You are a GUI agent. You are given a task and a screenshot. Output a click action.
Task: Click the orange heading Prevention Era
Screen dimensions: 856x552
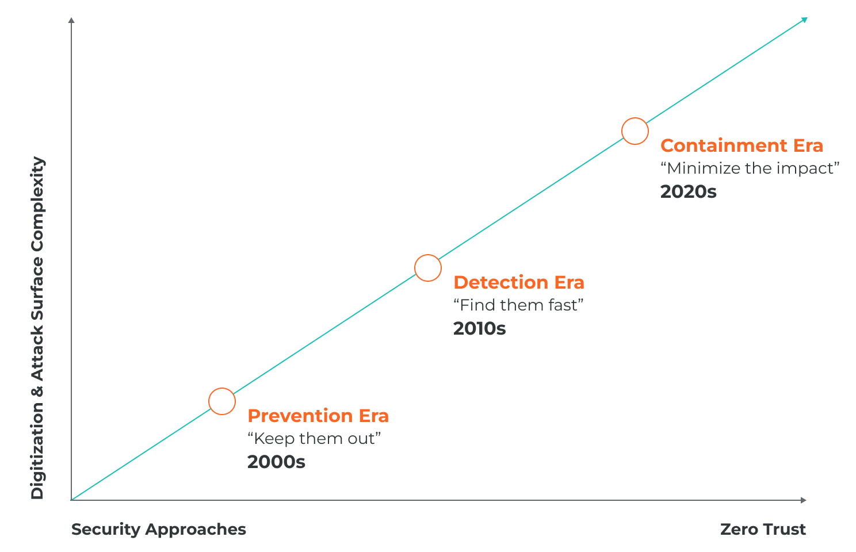[x=318, y=416]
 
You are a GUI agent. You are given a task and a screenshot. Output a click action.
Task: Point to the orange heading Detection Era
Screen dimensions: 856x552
[x=519, y=282]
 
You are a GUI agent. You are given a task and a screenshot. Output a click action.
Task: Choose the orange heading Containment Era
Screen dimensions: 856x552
[x=742, y=145]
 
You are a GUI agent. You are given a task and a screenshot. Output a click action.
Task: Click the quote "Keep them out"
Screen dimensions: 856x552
[x=314, y=439]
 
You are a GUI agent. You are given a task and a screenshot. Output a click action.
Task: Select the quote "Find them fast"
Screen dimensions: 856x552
[x=518, y=305]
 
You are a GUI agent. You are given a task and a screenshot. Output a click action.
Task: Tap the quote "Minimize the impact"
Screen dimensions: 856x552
[x=750, y=168]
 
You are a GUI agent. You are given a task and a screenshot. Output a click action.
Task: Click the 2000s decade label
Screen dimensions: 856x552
[x=276, y=462]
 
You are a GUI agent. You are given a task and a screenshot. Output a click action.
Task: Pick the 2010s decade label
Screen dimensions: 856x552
[x=480, y=328]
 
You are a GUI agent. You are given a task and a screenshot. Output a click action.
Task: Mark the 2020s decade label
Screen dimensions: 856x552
[x=688, y=192]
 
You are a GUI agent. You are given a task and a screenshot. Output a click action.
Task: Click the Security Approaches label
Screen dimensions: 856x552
[x=159, y=530]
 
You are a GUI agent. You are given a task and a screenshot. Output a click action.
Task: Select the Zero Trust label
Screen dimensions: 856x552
[x=763, y=530]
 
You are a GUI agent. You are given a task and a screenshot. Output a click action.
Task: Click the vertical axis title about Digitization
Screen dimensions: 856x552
[x=37, y=328]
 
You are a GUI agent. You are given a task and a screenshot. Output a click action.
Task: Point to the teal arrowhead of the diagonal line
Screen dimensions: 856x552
[x=804, y=20]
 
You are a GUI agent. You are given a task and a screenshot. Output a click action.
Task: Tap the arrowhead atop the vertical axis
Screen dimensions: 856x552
[x=71, y=20]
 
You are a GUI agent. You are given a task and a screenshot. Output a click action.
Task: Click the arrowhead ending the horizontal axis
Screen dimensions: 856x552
[x=803, y=500]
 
